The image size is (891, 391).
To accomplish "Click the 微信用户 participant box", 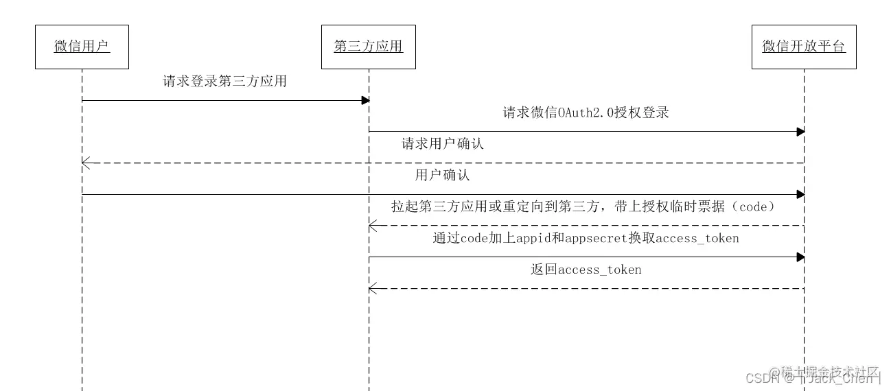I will tap(82, 47).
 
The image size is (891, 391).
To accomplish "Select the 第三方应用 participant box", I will tap(368, 47).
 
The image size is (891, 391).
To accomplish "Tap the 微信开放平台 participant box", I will tap(804, 47).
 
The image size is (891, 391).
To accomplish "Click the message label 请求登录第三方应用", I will tap(224, 81).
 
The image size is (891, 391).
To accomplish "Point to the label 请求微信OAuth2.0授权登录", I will tap(586, 112).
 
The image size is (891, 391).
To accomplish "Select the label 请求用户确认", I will tap(443, 144).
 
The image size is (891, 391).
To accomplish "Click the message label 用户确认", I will tap(443, 175).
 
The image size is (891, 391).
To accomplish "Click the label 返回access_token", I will tap(586, 270).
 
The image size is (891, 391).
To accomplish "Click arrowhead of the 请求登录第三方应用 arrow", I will tap(366, 100).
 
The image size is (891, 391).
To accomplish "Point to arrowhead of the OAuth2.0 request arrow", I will tap(800, 131).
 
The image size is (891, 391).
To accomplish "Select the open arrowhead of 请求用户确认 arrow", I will tap(85, 163).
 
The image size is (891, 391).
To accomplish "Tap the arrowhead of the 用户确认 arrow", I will tap(800, 194).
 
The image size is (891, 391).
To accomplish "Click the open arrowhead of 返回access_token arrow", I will tap(372, 288).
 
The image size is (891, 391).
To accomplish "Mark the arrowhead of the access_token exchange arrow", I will tap(800, 257).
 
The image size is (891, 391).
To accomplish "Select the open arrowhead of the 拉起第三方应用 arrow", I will tap(372, 225).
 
